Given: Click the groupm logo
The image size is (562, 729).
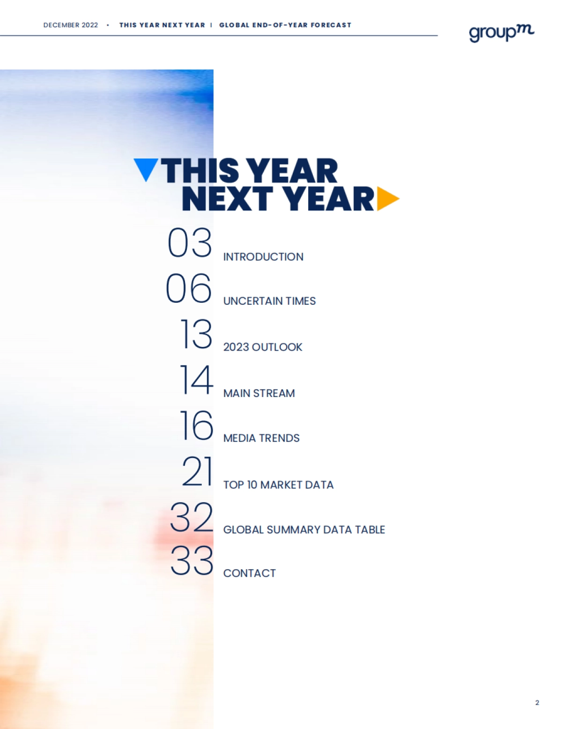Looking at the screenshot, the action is [x=501, y=33].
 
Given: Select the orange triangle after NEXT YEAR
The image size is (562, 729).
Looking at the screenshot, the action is [x=388, y=199].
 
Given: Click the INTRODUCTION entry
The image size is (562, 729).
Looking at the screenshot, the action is [x=263, y=257].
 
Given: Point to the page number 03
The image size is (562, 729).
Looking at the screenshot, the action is [x=190, y=242].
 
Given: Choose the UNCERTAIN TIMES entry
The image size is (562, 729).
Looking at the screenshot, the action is [x=269, y=301].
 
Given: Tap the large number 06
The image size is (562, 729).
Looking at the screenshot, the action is [x=189, y=288].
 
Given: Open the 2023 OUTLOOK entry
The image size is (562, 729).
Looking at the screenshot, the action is [x=263, y=347].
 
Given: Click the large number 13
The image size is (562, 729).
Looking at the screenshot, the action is [x=196, y=334].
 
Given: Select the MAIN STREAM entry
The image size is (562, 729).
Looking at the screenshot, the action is [x=259, y=393].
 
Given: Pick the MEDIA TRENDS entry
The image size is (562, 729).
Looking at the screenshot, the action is [x=261, y=438].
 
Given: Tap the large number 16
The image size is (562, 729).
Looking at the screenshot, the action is [x=197, y=425].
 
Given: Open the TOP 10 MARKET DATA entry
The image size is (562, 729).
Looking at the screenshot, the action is [x=279, y=485].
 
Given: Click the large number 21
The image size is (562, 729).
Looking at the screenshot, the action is [x=197, y=471].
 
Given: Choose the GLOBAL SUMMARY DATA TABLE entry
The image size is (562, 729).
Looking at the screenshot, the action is [x=304, y=530].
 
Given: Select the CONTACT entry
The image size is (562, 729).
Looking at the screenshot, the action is [x=250, y=573].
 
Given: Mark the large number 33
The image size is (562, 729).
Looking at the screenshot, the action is [x=192, y=560].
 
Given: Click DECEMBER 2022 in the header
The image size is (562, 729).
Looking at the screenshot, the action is [x=71, y=25].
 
